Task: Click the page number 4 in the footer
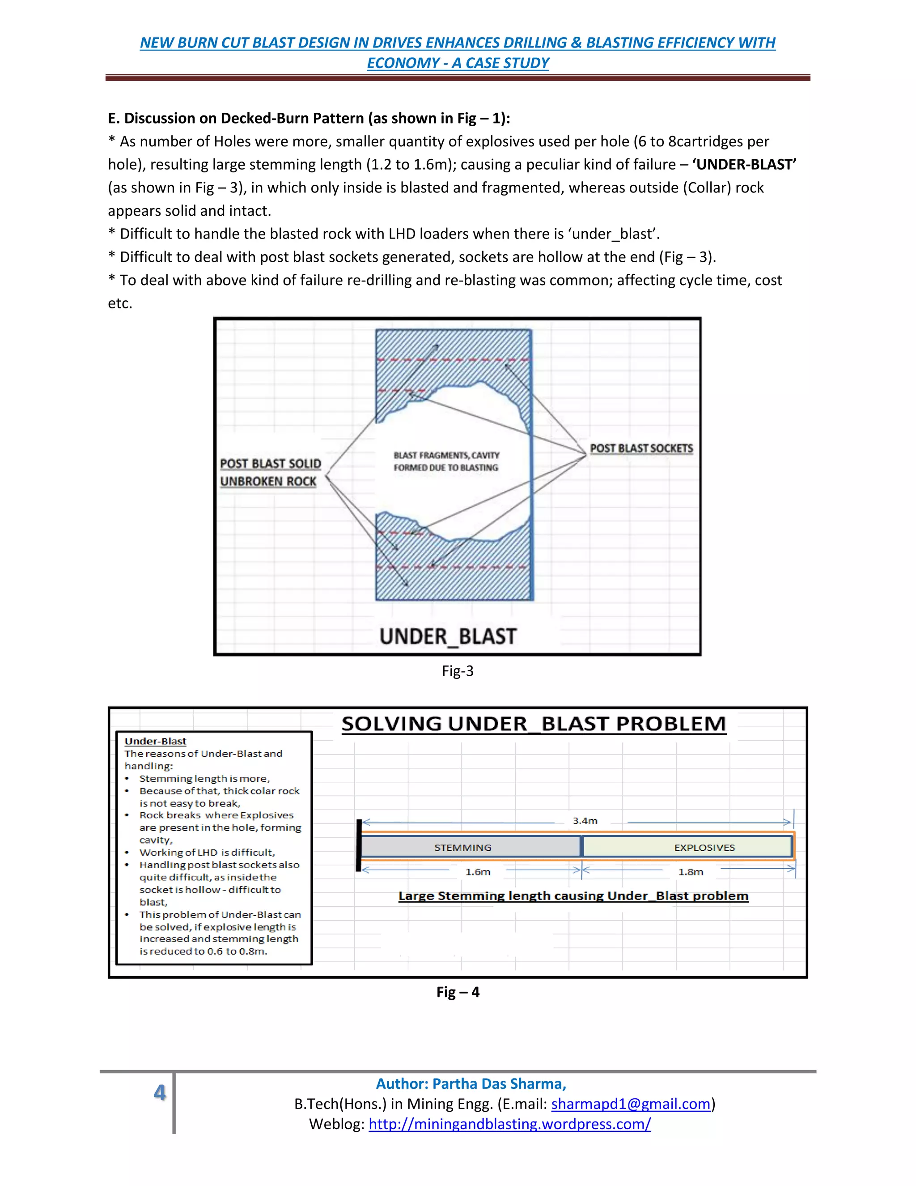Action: pos(160,1092)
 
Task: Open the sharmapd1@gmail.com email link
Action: pos(631,1104)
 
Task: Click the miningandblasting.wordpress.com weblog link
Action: pos(509,1124)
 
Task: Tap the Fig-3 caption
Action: pos(458,671)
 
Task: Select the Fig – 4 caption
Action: pos(458,992)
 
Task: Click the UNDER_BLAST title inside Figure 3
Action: pos(448,636)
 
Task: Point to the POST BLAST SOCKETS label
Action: pos(641,448)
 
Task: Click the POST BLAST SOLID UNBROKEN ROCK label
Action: pos(270,473)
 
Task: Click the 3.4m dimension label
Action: pos(585,820)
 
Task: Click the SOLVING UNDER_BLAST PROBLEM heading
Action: pos(534,724)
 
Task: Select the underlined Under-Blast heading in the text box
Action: pos(155,741)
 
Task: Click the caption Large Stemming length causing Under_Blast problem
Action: pos(573,896)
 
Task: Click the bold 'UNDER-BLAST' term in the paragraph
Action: pos(744,165)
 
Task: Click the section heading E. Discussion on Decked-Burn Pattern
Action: pos(309,119)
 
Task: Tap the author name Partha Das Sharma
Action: pos(471,1084)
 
